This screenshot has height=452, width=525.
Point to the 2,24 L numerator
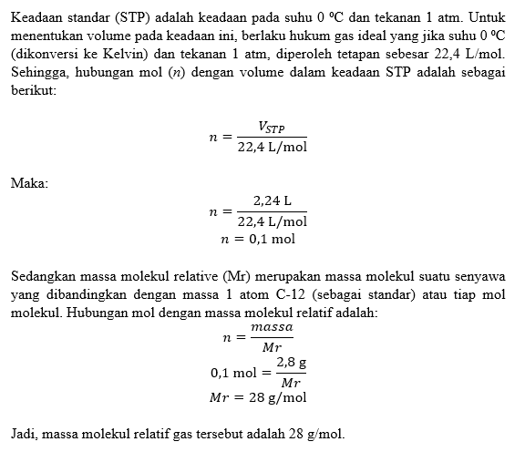[272, 200]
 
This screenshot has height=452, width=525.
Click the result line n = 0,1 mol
[258, 240]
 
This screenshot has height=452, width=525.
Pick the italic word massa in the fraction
[272, 327]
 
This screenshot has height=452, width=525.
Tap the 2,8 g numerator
[291, 362]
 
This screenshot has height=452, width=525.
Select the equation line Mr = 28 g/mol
[258, 397]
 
